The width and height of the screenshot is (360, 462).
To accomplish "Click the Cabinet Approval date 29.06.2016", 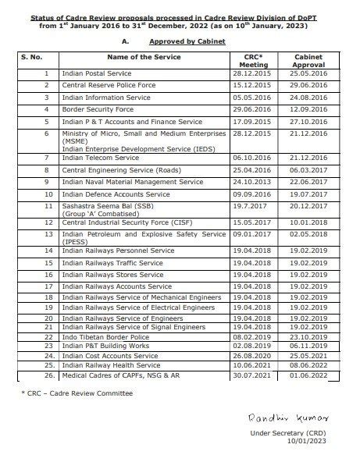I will click(307, 84).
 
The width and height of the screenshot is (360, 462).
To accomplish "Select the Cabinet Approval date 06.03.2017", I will click(307, 169).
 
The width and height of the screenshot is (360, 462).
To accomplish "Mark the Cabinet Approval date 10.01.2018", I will click(307, 222).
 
